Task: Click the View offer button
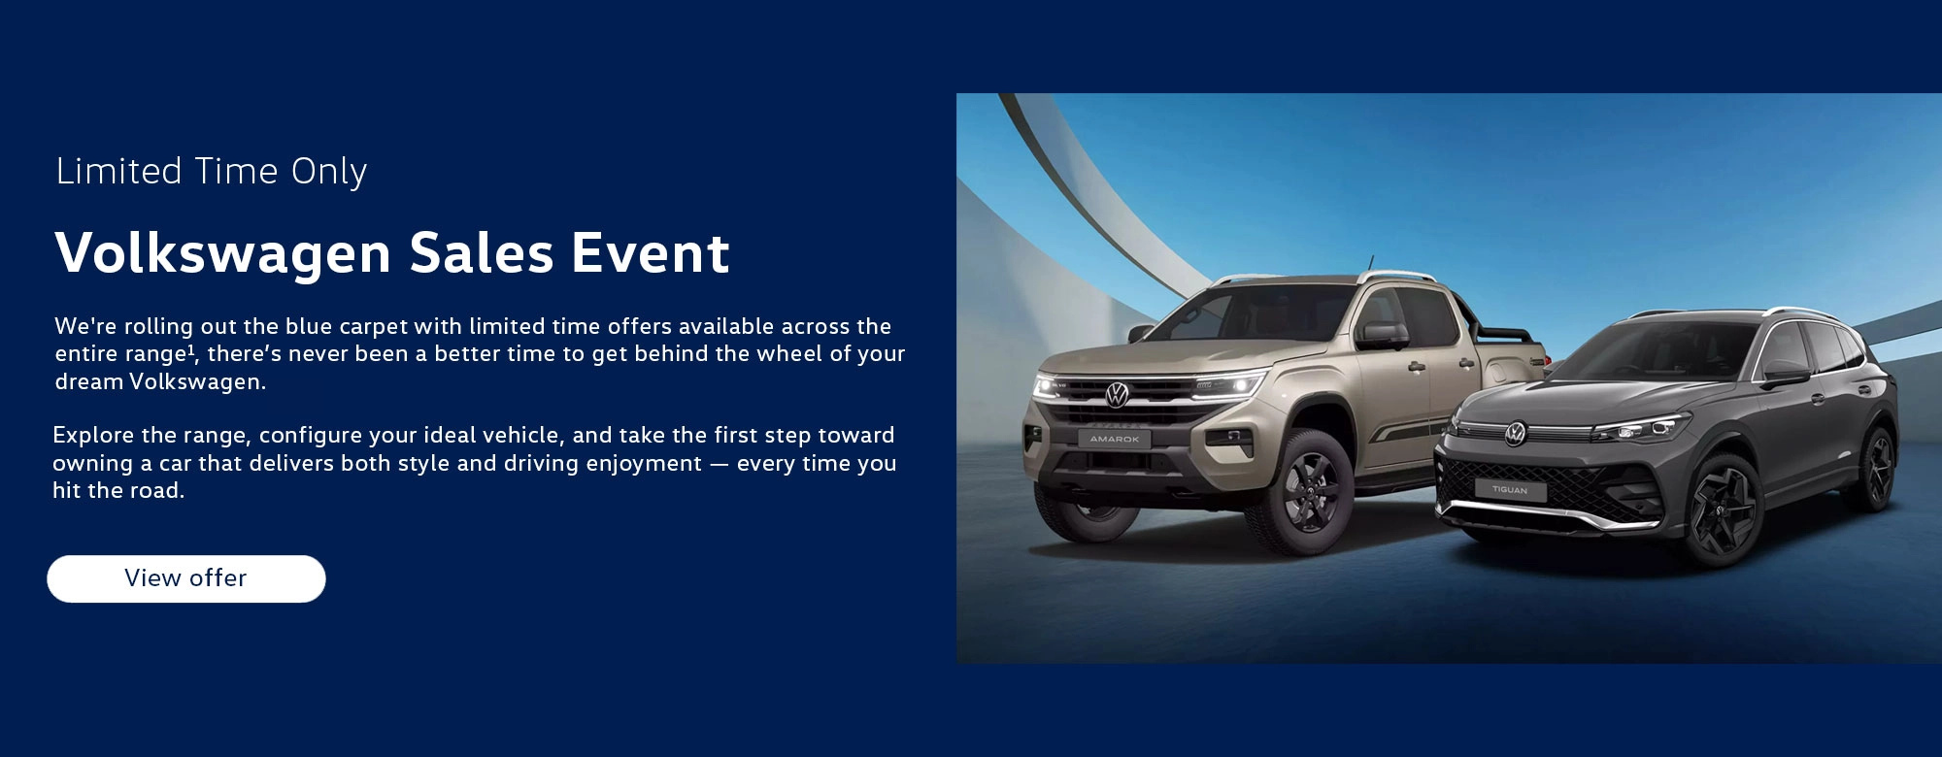186,578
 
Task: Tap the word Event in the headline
650,253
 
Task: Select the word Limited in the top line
119,171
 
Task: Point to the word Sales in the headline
482,253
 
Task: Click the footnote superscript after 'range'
191,348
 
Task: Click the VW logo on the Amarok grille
1117,394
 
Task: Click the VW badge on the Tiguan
1515,434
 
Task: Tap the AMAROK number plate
1115,440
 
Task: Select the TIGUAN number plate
1510,490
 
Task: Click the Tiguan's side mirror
1785,372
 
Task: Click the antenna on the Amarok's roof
1372,263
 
